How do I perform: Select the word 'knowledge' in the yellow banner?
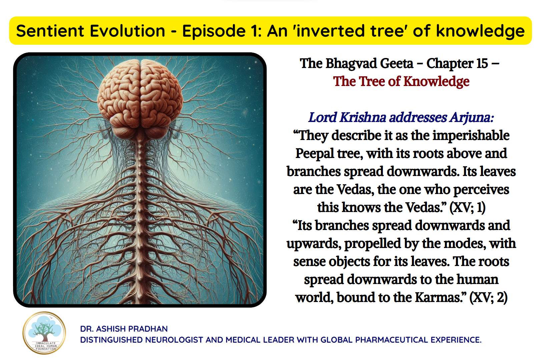point(480,31)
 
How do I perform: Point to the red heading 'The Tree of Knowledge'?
point(401,81)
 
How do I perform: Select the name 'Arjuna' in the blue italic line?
point(471,118)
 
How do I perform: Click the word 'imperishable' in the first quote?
point(471,136)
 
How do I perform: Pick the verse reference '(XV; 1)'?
point(467,207)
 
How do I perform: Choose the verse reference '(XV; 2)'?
point(489,297)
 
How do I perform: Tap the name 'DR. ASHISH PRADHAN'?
point(124,329)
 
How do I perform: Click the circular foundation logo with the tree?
point(44,333)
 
